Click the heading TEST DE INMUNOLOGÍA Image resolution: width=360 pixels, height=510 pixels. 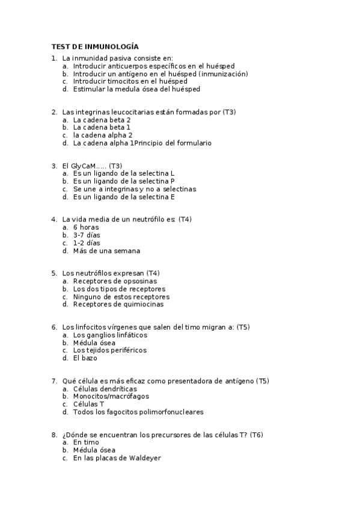pos(95,46)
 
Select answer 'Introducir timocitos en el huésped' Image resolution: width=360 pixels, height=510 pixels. pos(130,81)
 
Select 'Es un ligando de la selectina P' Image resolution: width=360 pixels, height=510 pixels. pos(123,181)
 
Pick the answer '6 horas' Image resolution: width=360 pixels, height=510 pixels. pos(86,227)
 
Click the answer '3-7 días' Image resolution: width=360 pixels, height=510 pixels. pos(87,235)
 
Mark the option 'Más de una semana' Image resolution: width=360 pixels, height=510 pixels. pos(106,251)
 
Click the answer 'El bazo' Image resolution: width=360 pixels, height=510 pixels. pos(85,358)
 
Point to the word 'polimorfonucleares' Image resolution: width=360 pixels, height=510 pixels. pos(172,412)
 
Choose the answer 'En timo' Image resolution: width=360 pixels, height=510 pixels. pos(86,442)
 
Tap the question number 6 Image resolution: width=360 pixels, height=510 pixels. pos(54,327)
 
